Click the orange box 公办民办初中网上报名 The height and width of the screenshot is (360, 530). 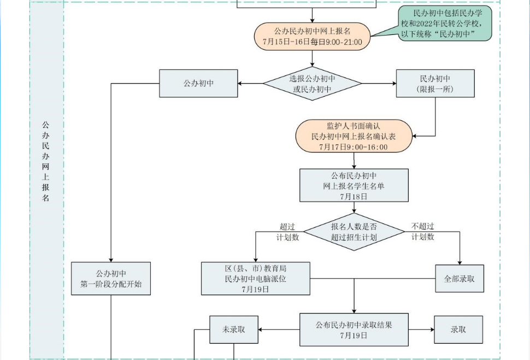[x=312, y=36]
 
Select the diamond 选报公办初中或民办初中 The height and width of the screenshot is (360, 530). [x=312, y=84]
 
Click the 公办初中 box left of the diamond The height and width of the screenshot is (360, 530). [x=198, y=84]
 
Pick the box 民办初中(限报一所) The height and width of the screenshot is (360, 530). [x=435, y=84]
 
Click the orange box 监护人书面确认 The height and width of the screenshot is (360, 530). [x=354, y=136]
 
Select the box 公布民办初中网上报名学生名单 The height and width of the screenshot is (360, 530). [x=354, y=185]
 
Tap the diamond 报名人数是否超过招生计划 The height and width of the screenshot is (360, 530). [x=354, y=232]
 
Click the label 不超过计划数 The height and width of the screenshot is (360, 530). [x=423, y=232]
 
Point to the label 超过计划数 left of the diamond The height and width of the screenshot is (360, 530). [x=287, y=232]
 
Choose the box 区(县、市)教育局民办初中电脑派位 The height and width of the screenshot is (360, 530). [x=255, y=279]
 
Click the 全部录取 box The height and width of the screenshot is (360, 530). [x=459, y=279]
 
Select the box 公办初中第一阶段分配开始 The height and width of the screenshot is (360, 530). [x=111, y=279]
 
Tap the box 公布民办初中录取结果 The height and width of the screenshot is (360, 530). [x=354, y=329]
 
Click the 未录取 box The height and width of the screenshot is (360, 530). [x=234, y=329]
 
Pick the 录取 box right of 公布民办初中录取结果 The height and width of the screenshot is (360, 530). [x=458, y=329]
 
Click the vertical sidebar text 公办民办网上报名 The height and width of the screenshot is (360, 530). [x=46, y=161]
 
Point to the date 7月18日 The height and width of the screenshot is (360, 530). [x=354, y=196]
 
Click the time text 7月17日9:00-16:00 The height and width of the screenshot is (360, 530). [x=354, y=147]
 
